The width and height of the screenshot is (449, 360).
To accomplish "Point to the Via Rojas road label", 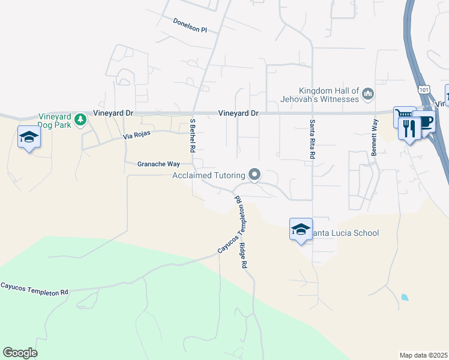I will [136, 136].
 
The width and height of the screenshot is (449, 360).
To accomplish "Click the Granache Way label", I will [158, 164].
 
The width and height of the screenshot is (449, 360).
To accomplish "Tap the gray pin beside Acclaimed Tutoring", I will [255, 175].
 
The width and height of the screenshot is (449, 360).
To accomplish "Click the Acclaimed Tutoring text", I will [208, 175].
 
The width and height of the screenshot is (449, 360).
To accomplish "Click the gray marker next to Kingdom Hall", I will [368, 94].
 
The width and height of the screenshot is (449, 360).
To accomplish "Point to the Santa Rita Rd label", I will [313, 139].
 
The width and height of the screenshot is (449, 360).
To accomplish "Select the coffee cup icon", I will [424, 121].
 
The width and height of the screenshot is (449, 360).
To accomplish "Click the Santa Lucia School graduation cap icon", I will [301, 229].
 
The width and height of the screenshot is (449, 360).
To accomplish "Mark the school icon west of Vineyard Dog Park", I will [29, 137].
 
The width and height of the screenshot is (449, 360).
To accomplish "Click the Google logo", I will [20, 352].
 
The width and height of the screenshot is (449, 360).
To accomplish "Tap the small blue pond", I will [405, 297].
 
